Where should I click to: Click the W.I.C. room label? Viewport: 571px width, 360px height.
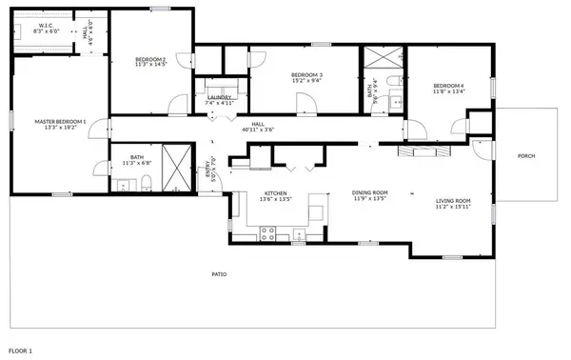[x=46, y=26]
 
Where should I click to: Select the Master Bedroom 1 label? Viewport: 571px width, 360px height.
[x=60, y=121]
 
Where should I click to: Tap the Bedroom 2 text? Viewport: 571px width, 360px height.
[x=150, y=60]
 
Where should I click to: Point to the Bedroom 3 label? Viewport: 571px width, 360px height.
[x=306, y=75]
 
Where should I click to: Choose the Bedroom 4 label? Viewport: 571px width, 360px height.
[x=449, y=86]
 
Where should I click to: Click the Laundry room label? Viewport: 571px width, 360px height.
[x=220, y=97]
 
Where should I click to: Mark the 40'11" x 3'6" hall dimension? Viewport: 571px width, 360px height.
[x=257, y=130]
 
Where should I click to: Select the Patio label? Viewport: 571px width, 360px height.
[x=219, y=274]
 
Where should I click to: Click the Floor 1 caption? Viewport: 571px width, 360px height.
[x=17, y=351]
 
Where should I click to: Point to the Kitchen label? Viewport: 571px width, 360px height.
[x=274, y=194]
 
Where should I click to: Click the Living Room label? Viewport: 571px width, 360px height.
[x=453, y=201]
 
